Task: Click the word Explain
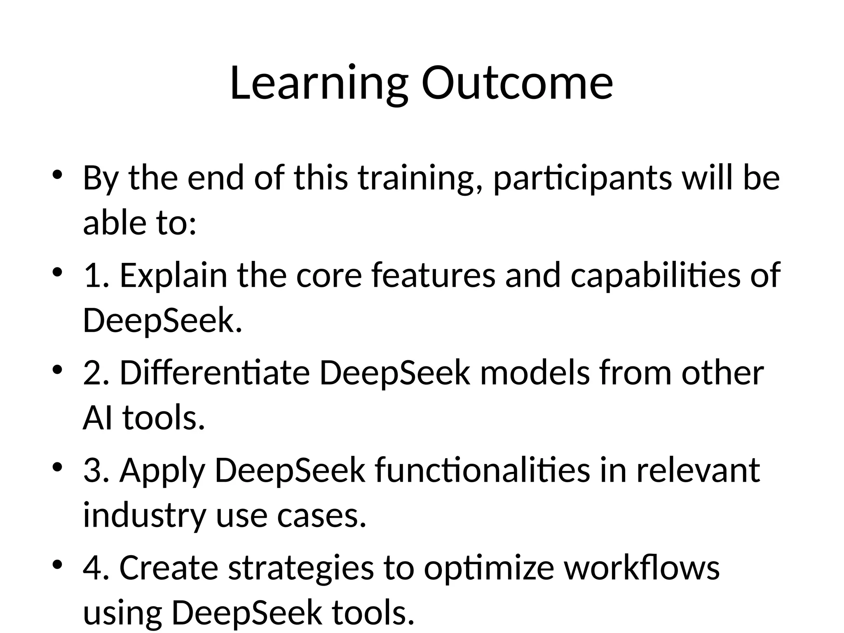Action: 173,276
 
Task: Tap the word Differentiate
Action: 215,373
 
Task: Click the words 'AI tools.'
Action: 144,418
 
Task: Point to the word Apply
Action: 162,471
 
